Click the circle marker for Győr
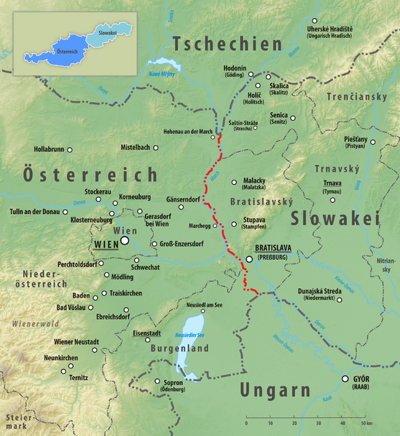[346, 378]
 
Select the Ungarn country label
[275, 390]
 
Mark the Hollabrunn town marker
[70, 149]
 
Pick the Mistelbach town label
[135, 148]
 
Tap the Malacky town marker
[234, 182]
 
